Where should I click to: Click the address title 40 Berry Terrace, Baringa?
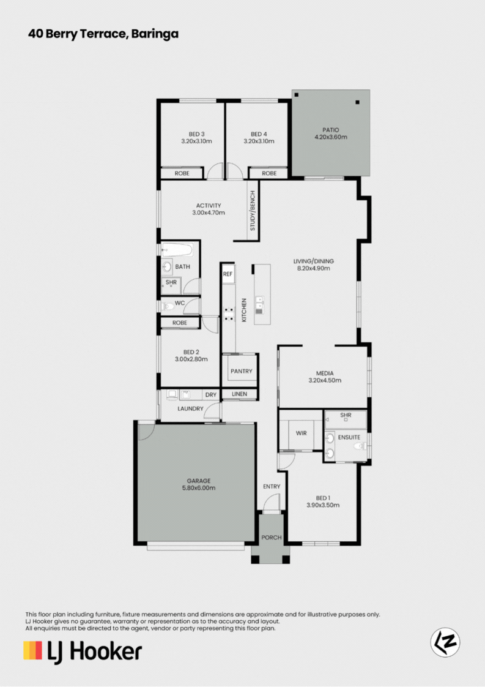103,34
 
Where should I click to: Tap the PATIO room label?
330,130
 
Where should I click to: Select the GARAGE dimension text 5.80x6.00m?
199,487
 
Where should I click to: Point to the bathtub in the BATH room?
177,250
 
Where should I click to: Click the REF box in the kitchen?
228,274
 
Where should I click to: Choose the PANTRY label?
241,371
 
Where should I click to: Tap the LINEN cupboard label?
239,394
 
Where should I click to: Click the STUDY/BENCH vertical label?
253,211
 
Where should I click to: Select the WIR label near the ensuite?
301,433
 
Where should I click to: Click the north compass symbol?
445,642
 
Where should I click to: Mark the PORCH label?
272,538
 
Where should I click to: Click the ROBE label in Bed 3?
182,173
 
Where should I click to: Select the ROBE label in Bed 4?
269,173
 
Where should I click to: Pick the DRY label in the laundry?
211,395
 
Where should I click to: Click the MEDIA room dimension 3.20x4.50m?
325,380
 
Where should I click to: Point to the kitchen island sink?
259,302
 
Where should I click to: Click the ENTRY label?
272,486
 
